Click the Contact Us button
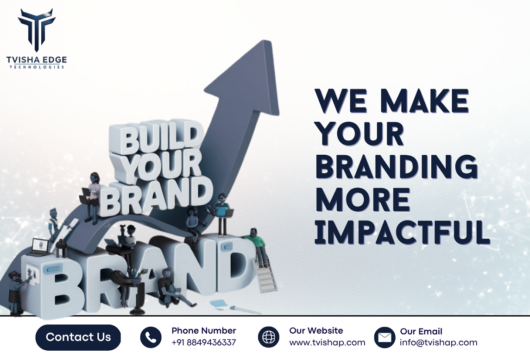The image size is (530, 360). tap(78, 337)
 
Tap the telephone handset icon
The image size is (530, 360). tap(151, 337)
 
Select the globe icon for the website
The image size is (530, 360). tap(269, 337)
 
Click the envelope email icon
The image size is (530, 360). tap(385, 337)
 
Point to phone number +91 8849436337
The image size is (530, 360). tap(203, 343)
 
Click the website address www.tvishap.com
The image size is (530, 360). tap(327, 343)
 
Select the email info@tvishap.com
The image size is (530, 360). tap(438, 343)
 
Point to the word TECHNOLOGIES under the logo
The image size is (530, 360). tap(36, 67)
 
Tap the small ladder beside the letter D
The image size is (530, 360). tap(266, 278)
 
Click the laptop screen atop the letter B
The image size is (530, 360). tap(40, 246)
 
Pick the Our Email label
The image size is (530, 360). tap(421, 332)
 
